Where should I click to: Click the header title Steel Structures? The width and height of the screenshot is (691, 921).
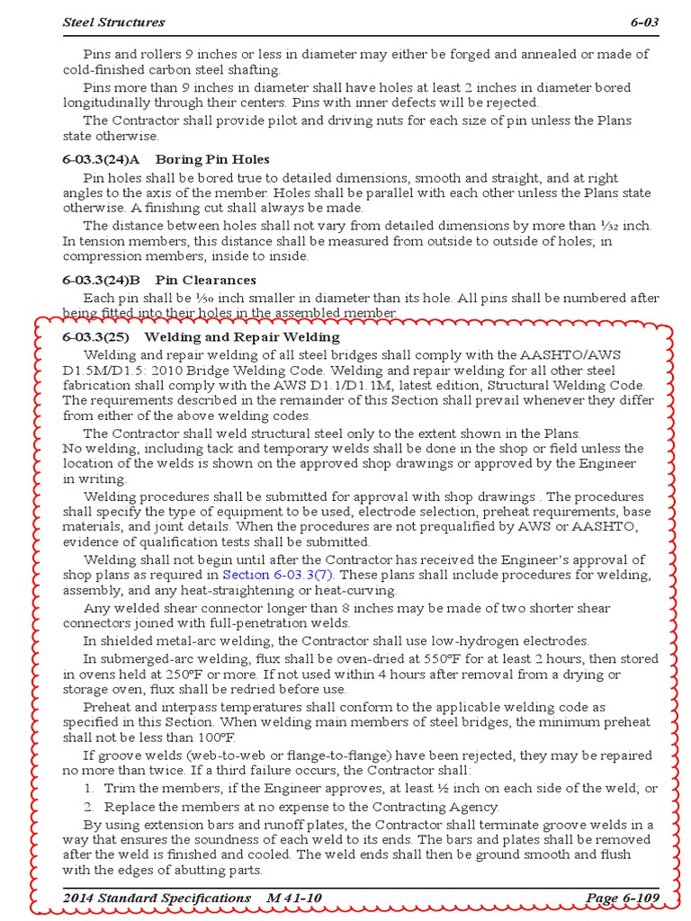[x=113, y=21]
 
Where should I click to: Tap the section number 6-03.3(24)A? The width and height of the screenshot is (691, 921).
[x=102, y=159]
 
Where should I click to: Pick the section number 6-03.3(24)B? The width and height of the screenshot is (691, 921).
[x=102, y=281]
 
